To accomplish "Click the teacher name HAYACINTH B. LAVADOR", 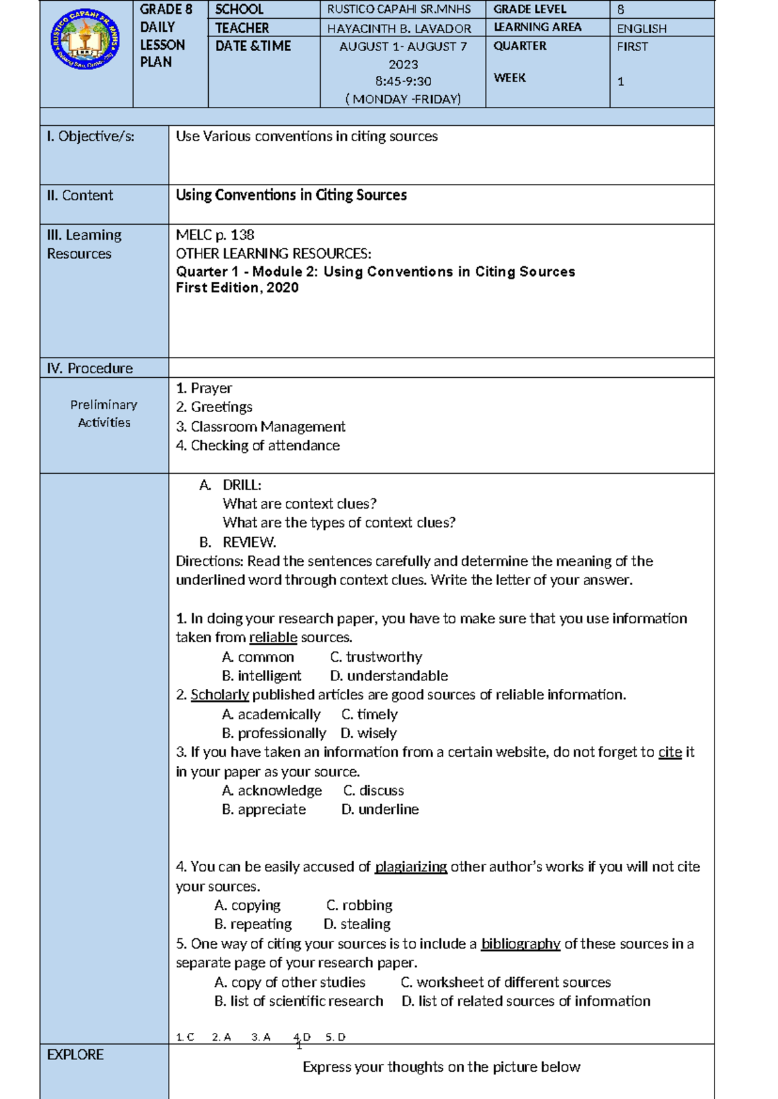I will [x=399, y=29].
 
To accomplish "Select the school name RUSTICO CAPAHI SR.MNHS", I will [x=399, y=10].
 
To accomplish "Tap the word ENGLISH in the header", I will [x=641, y=29].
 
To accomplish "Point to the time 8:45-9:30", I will [x=403, y=82].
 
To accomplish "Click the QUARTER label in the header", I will [x=520, y=47].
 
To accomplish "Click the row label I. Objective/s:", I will [x=91, y=137].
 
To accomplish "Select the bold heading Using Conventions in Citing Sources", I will [x=291, y=196].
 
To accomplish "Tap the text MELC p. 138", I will [x=215, y=235].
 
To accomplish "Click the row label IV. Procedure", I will [x=89, y=369].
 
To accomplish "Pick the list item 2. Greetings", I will [x=214, y=408].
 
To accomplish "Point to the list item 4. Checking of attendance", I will [x=257, y=446].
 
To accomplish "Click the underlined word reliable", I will [x=273, y=638].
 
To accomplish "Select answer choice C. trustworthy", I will [x=376, y=657].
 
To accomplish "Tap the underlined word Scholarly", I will [x=220, y=695].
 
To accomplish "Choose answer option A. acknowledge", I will [x=272, y=791].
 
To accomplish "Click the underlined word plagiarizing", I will [x=411, y=867].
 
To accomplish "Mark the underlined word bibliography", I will [x=521, y=944].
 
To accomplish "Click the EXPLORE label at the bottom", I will [x=75, y=1055].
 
